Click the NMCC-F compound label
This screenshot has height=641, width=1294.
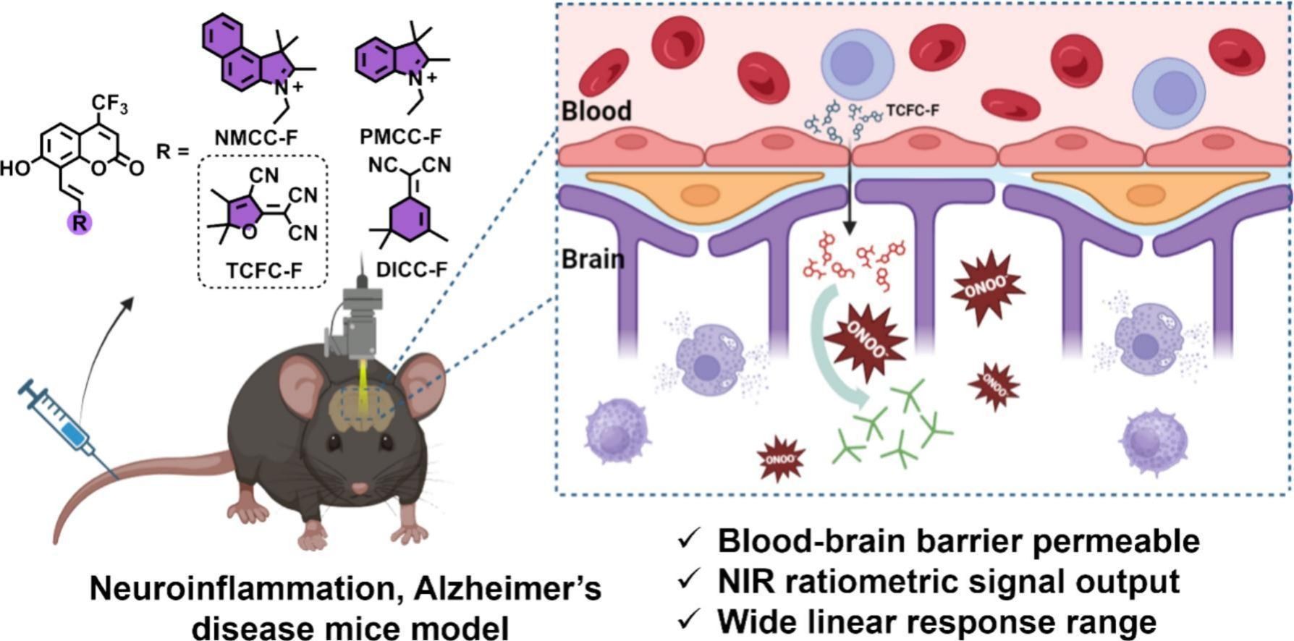[x=255, y=137]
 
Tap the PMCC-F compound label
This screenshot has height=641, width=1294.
[x=400, y=137]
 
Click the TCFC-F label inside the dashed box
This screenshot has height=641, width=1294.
[x=263, y=271]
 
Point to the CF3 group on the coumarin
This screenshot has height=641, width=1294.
[x=110, y=104]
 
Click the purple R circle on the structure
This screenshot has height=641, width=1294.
[x=80, y=223]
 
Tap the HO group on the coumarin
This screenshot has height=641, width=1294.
[x=16, y=169]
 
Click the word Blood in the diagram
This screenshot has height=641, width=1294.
[x=596, y=111]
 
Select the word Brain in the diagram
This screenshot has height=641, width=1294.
[x=593, y=258]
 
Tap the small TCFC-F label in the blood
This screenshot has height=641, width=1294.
[x=913, y=111]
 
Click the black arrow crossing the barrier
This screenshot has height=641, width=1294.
[x=850, y=188]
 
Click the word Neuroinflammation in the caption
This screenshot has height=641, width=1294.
[x=240, y=589]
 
